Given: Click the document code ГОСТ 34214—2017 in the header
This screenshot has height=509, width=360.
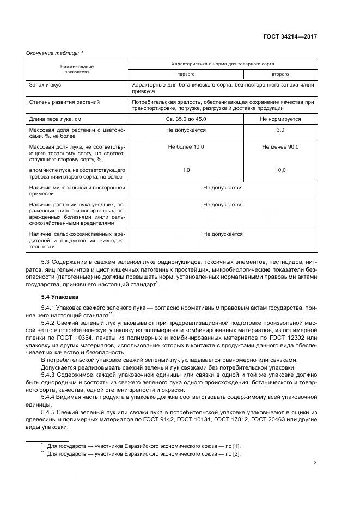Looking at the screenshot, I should coord(290,37).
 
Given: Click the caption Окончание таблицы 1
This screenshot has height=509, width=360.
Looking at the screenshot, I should coord(54,53).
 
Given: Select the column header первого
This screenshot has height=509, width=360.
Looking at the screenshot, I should coord(185,74).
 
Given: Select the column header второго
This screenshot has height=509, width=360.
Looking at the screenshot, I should coord(280,74).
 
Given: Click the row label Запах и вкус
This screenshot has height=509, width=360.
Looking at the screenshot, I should coord(46,85).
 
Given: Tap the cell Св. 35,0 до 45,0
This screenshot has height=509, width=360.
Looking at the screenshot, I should coord(185,119).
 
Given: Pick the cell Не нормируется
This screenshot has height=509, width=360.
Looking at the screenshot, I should coord(280,119).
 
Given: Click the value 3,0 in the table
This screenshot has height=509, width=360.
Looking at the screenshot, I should coord(280,130).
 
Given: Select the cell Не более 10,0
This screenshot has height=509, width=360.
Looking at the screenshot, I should coord(185,147).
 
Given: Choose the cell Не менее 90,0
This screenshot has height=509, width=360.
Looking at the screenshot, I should coord(280,147).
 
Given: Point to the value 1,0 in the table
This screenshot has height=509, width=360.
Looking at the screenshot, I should coord(185,170).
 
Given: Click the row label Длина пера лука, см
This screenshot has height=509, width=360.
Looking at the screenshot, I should coord(56,119).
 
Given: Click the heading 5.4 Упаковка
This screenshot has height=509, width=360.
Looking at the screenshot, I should coord(60,297).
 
